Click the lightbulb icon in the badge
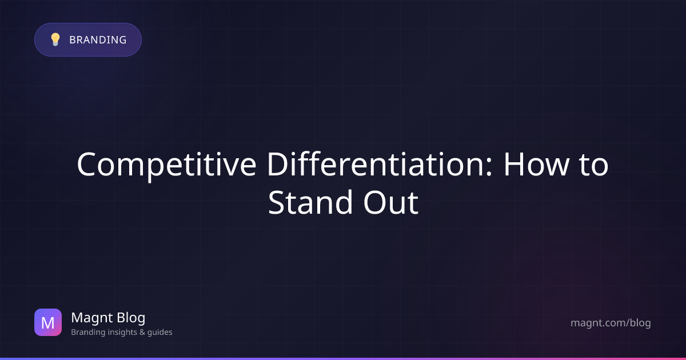55,39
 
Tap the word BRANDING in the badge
98,40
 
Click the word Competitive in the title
166,165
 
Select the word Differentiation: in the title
380,164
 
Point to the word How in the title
537,165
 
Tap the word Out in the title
391,203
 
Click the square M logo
48,322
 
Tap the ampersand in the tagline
142,332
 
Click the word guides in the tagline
159,332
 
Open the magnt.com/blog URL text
611,323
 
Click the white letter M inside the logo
48,323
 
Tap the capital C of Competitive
86,165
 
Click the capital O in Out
374,203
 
